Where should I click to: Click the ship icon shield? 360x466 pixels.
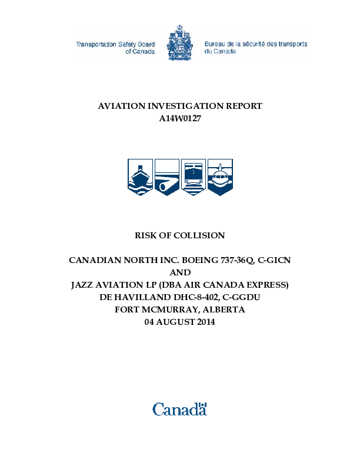point(140,177)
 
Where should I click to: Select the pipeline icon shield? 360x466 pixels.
point(167,177)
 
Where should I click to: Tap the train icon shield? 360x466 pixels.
point(194,177)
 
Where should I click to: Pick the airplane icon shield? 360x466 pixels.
point(221,177)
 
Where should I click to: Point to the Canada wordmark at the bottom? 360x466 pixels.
point(180,408)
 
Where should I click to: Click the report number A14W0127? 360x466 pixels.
point(180,118)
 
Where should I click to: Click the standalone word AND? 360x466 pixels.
point(180,272)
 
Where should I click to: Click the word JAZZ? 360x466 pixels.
point(84,285)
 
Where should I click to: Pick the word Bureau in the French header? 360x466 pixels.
point(216,44)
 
